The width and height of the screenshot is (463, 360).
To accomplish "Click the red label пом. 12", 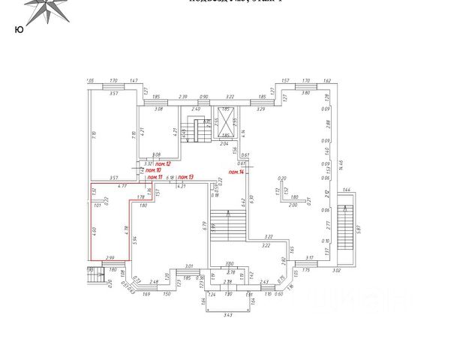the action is [x=164, y=163].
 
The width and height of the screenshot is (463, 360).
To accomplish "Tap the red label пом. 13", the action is [x=185, y=177].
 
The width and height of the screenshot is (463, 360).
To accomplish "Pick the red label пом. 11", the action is [x=155, y=177].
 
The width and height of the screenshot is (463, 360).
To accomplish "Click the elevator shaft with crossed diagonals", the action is [x=227, y=120].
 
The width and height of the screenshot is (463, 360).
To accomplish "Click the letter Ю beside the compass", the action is [x=17, y=30].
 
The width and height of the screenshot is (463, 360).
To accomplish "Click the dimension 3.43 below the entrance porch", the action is [x=227, y=314].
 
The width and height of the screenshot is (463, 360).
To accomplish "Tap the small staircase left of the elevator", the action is [x=200, y=130].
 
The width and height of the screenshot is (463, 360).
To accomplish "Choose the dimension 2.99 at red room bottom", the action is [x=110, y=257].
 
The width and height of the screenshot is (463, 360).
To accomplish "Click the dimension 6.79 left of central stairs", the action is [x=203, y=223].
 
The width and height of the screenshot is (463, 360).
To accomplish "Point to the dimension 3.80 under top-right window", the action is [x=306, y=92].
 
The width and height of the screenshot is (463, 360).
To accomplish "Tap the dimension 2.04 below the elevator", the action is [x=224, y=142].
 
